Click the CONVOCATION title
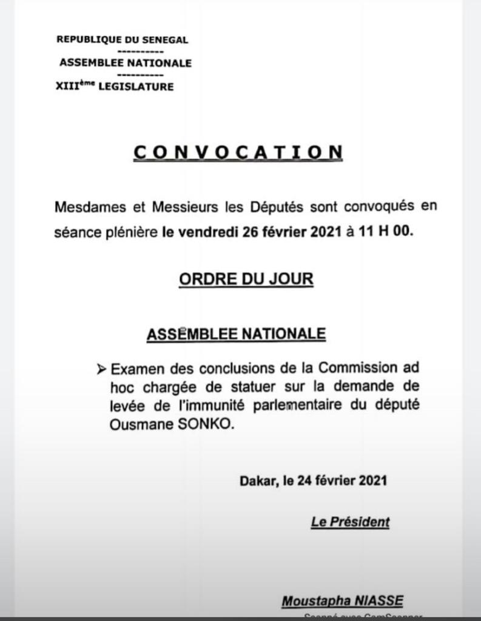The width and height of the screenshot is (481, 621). [x=238, y=152]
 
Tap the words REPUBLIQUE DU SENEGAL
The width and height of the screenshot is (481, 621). [x=122, y=40]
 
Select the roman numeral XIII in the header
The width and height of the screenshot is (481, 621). [x=66, y=87]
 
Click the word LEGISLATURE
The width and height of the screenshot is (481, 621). [x=136, y=87]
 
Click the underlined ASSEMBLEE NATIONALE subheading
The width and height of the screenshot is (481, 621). [x=237, y=334]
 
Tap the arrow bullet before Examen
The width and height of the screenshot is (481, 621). [x=102, y=369]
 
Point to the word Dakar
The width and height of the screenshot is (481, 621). [x=257, y=481]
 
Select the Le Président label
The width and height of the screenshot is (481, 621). [x=351, y=522]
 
